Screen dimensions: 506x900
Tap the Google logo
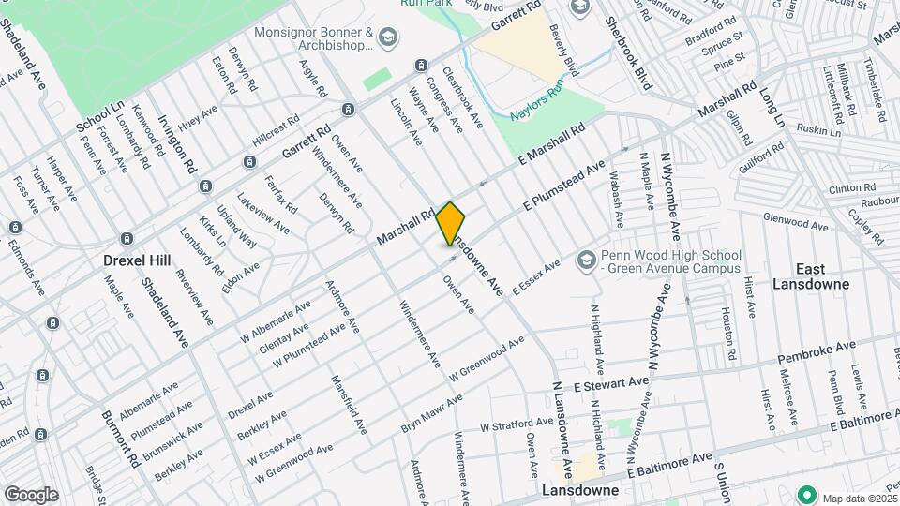pos(31,494)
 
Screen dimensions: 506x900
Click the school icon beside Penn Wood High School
pos(587,259)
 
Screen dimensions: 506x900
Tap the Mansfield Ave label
pos(348,404)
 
